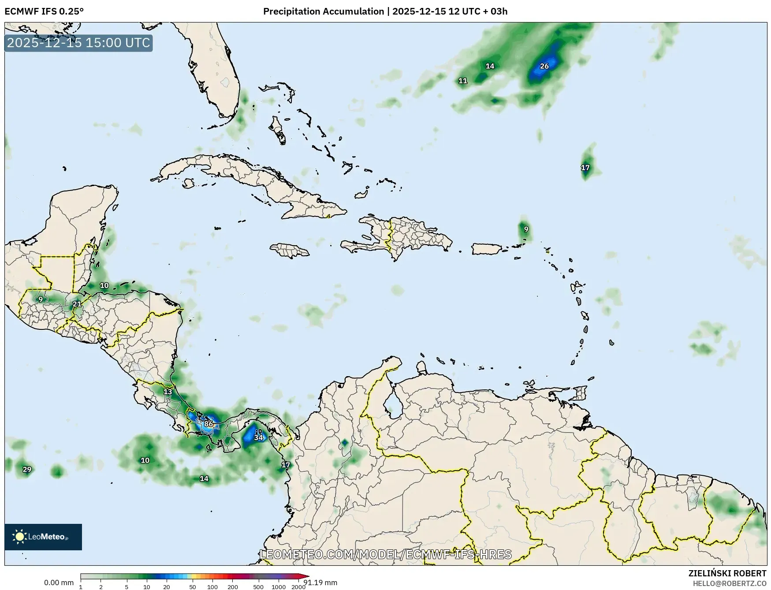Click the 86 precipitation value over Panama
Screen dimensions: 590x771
pos(209,424)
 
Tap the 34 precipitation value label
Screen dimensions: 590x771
pos(259,437)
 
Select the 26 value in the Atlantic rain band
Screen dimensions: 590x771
pos(544,66)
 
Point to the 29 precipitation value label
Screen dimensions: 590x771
pos(27,469)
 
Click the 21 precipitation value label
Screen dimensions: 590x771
pos(77,304)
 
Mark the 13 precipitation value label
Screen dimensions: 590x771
pos(168,392)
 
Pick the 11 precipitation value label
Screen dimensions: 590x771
pos(463,81)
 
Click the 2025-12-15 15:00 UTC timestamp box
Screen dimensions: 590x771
pos(79,43)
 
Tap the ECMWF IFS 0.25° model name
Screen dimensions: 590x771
pos(44,11)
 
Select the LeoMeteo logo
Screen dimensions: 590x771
pos(43,537)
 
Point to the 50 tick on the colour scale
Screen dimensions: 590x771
pos(193,587)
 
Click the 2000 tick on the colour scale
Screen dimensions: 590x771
pos(298,587)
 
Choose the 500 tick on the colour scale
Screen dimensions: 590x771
pos(258,587)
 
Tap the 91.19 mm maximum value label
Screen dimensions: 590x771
pos(320,583)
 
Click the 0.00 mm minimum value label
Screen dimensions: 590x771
pos(59,583)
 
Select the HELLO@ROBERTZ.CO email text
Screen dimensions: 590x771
pos(729,583)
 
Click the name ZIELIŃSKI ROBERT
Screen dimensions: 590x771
pos(727,573)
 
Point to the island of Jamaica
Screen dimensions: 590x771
pos(290,251)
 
